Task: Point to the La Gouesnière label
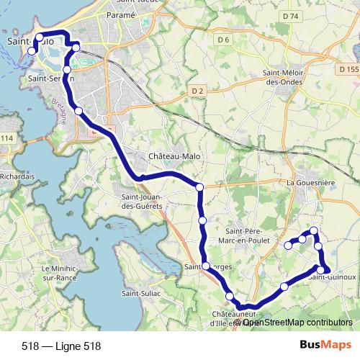click(x=310, y=183)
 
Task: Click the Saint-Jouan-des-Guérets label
click(x=140, y=202)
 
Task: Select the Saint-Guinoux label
click(x=333, y=276)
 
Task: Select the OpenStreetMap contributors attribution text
click(x=297, y=322)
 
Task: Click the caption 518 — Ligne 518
click(x=61, y=346)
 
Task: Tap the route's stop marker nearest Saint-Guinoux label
click(x=321, y=270)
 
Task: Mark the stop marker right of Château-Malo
click(x=199, y=187)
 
